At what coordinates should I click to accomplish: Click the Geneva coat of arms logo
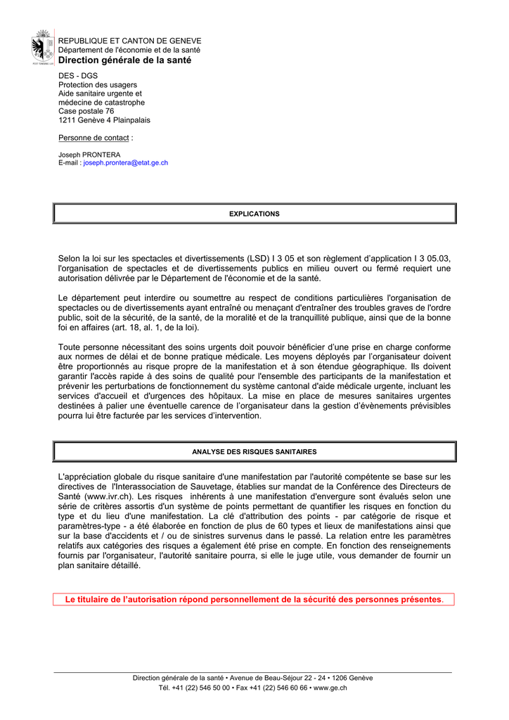point(43,48)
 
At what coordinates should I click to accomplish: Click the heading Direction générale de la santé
point(124,60)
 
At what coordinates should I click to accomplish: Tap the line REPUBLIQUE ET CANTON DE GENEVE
point(129,41)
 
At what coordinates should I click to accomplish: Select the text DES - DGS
point(78,75)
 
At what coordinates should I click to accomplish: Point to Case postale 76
point(86,111)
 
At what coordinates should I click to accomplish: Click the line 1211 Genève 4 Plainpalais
point(104,120)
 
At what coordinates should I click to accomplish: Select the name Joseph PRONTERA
point(89,155)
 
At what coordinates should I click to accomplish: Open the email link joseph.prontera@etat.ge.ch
point(126,162)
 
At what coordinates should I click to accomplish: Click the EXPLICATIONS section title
point(254,214)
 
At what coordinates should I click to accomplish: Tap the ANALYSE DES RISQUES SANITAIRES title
point(254,451)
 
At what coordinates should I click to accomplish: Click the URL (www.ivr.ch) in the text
point(106,496)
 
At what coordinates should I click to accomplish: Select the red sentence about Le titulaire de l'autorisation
point(254,600)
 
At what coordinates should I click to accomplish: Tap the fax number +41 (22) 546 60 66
point(279,688)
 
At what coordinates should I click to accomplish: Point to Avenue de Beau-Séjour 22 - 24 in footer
point(267,678)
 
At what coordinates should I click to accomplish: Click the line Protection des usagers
point(98,84)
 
